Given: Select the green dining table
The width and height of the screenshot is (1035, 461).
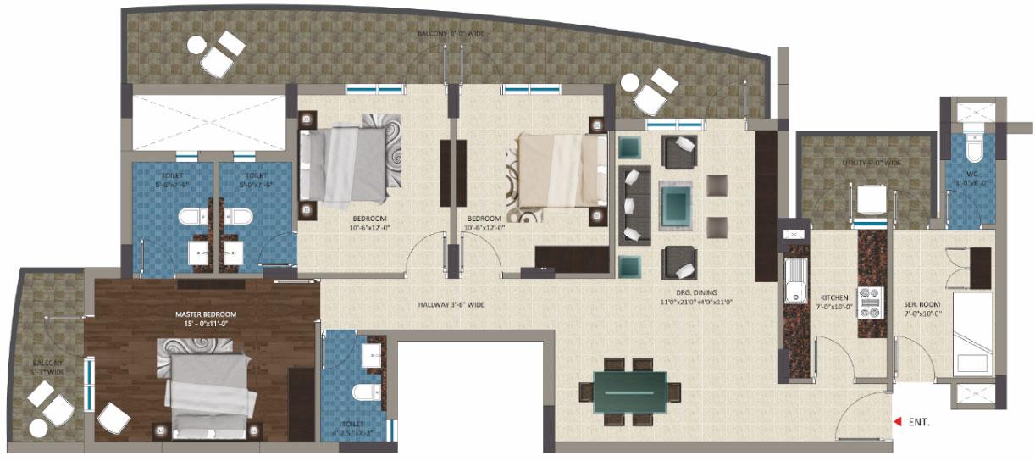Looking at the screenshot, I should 629,392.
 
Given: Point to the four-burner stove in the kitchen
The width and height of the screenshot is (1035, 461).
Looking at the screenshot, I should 872,303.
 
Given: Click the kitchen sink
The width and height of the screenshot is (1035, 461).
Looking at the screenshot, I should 795,281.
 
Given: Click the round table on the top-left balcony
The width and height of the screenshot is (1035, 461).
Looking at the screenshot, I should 196,46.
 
